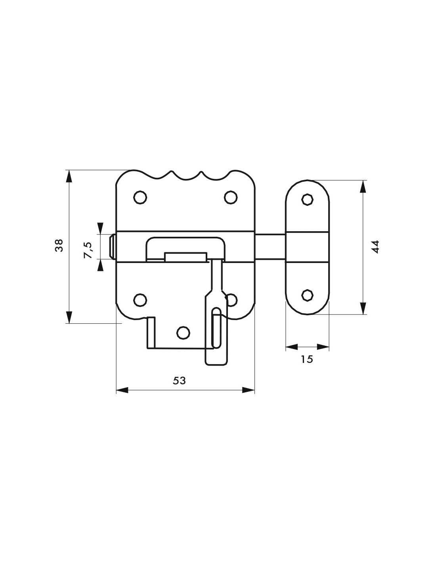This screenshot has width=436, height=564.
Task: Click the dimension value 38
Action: (59, 245)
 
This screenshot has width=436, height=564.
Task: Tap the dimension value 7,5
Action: (88, 250)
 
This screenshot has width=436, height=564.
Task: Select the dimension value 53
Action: (180, 380)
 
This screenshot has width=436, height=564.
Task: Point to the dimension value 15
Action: (307, 359)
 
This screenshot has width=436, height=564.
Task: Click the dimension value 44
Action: (376, 247)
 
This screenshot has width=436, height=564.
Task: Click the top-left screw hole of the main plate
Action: (140, 197)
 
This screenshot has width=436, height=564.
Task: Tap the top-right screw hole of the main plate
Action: (231, 197)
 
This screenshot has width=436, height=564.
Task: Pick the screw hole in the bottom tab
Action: (183, 333)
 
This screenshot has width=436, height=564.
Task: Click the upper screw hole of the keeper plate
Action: (307, 200)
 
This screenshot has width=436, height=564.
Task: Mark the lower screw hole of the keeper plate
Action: (307, 295)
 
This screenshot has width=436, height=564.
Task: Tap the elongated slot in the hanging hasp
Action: (216, 328)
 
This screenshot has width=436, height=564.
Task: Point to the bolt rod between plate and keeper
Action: (270, 246)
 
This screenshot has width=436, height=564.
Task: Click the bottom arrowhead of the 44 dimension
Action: (363, 308)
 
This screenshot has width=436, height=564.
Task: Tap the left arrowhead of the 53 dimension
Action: (122, 397)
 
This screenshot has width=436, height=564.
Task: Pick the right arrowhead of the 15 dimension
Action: (323, 347)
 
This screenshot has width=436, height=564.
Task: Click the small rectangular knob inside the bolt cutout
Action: (186, 257)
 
